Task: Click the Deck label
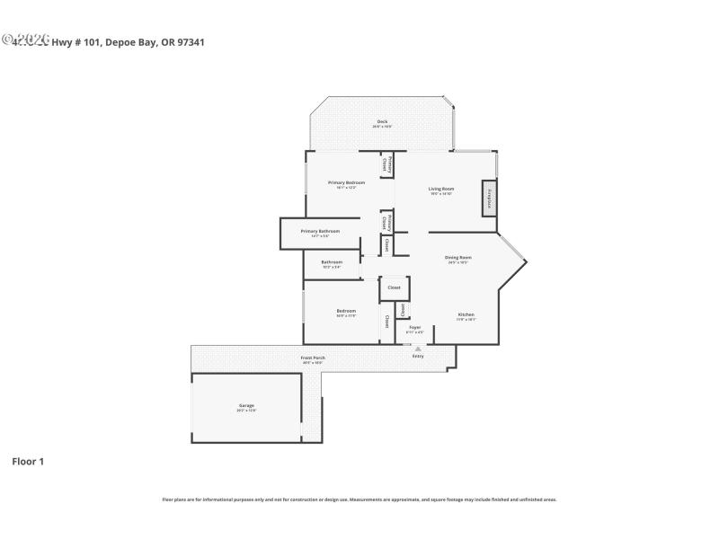[x=382, y=122]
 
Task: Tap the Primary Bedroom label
[x=346, y=183]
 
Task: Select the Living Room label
[x=440, y=190]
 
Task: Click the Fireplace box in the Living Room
[x=490, y=199]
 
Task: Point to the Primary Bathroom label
[x=320, y=232]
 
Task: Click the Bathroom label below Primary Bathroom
[x=332, y=263]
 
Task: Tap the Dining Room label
[x=457, y=259]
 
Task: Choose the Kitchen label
[x=466, y=315]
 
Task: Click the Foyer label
[x=414, y=328]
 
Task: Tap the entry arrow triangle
[x=417, y=349]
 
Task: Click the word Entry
[x=417, y=357]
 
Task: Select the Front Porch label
[x=313, y=358]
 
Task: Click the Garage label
[x=245, y=406]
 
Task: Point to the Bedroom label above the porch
[x=346, y=312]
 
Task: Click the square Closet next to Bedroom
[x=394, y=287]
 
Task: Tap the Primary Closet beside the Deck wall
[x=386, y=164]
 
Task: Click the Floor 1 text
[x=27, y=461]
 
